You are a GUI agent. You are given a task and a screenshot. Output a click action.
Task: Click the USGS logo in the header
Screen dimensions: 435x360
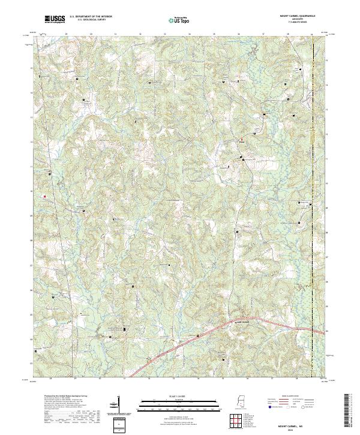click(55, 19)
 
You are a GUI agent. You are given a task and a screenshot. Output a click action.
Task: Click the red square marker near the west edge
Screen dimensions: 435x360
click(44, 195)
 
